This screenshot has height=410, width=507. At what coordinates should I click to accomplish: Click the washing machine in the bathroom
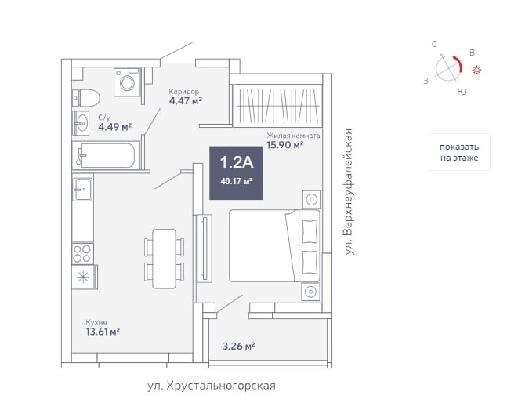coord(126,82)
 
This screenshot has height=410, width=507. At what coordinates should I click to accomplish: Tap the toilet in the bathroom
coord(86,98)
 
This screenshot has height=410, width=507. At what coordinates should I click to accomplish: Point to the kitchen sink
coord(82,190)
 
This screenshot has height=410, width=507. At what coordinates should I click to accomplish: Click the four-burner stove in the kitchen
coord(82,252)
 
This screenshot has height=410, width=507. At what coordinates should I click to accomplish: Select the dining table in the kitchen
coord(164,258)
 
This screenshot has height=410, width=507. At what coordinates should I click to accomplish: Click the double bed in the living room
coord(275,245)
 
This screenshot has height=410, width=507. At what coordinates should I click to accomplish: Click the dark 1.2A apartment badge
coord(236,172)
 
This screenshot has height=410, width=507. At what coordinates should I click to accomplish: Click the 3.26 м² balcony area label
coord(239,345)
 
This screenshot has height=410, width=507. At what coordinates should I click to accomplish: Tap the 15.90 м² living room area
coord(284,144)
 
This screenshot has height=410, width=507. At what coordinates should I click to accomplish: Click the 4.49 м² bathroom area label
coord(114,126)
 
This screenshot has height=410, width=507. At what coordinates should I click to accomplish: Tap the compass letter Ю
coord(462,93)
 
